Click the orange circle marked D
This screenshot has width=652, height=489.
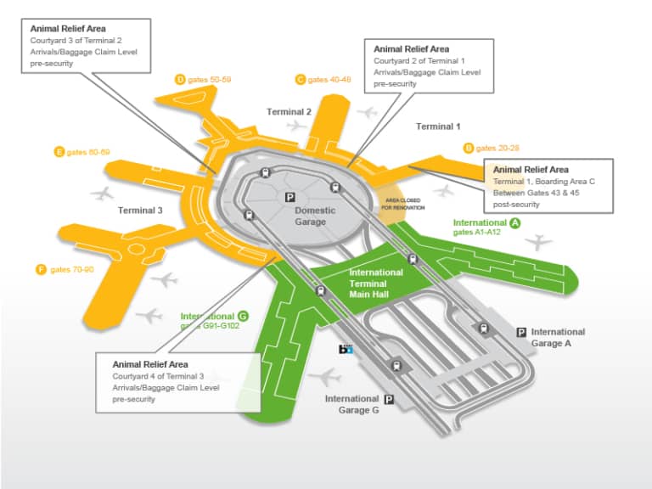[180, 79]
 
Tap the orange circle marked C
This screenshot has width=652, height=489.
[301, 79]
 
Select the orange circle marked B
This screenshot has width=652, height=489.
[469, 148]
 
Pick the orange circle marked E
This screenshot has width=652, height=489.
[59, 152]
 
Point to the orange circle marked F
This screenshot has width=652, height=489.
[40, 269]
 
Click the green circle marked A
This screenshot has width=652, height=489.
[514, 222]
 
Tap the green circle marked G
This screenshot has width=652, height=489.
[244, 315]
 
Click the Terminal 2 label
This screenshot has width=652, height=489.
[289, 112]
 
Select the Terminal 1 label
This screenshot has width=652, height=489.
[438, 126]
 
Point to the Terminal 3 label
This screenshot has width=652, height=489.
[140, 210]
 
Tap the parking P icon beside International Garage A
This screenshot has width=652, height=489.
[521, 333]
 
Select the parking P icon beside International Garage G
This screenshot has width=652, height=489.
[390, 399]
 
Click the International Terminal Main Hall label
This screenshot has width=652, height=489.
[376, 284]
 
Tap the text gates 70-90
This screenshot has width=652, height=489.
[71, 269]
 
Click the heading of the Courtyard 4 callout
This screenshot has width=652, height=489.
[144, 364]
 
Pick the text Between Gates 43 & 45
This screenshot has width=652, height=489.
[542, 192]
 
